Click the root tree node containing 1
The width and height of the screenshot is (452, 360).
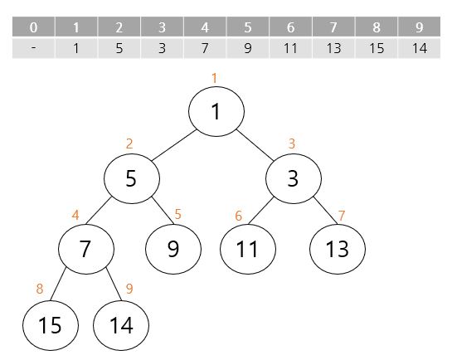[x=216, y=111]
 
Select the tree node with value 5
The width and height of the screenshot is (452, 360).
[x=132, y=178]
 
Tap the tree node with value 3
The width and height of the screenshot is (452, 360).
[x=293, y=178]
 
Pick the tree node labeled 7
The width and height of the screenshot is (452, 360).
[x=86, y=249]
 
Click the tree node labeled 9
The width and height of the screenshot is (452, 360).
[x=173, y=249]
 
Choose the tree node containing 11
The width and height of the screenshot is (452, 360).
[x=248, y=249]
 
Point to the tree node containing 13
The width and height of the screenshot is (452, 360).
[x=338, y=249]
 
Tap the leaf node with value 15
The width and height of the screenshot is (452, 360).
[x=51, y=325]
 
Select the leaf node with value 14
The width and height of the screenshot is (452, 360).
[x=121, y=325]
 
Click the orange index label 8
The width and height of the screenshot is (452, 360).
[x=40, y=289]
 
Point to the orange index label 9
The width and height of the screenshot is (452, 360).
[x=129, y=289]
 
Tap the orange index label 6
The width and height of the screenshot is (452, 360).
[x=238, y=216]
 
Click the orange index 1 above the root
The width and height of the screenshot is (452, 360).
[x=214, y=79]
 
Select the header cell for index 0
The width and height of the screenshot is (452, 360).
[x=33, y=27]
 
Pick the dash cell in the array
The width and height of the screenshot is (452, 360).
[x=33, y=48]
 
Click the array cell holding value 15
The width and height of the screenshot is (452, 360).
[x=377, y=48]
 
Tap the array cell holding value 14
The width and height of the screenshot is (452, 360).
[x=419, y=48]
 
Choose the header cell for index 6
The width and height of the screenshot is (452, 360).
[x=290, y=27]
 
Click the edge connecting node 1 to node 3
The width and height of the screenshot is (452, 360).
[x=255, y=145]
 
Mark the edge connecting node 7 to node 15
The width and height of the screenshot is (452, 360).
[x=58, y=285]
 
